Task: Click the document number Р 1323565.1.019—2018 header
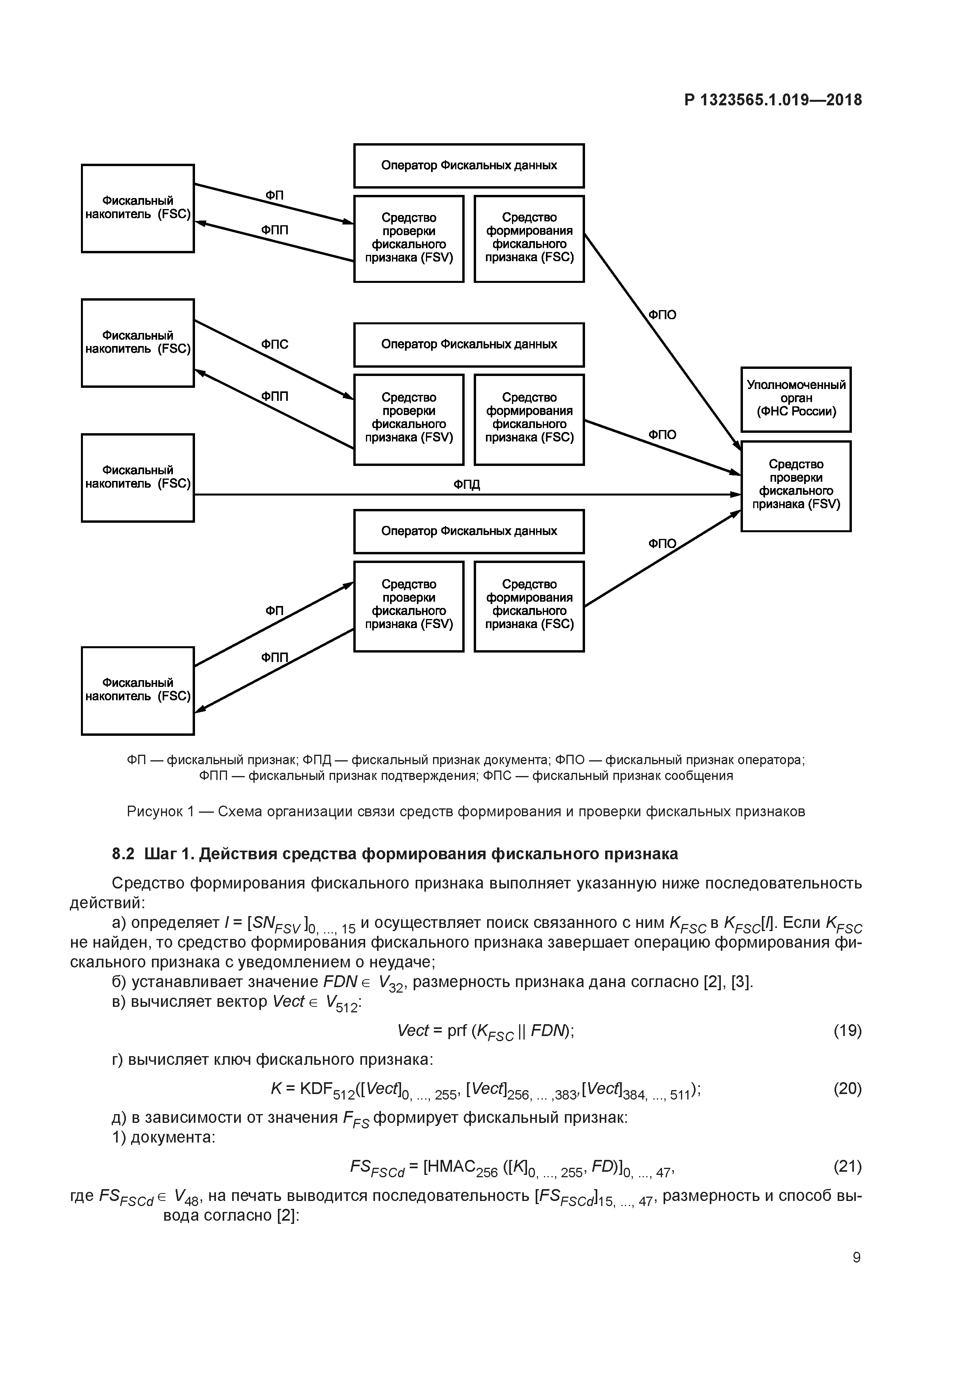click(773, 100)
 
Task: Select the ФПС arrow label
click(274, 344)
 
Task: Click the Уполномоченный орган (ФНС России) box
click(795, 399)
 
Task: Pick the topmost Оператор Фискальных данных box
click(469, 166)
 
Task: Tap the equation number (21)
click(847, 1166)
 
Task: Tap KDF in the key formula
click(316, 1088)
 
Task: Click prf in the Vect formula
click(457, 1031)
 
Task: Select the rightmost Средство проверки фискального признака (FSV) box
click(795, 486)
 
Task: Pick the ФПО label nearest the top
click(662, 315)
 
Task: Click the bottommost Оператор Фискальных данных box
click(469, 531)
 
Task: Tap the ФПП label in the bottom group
click(274, 657)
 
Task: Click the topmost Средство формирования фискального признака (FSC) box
click(529, 238)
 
